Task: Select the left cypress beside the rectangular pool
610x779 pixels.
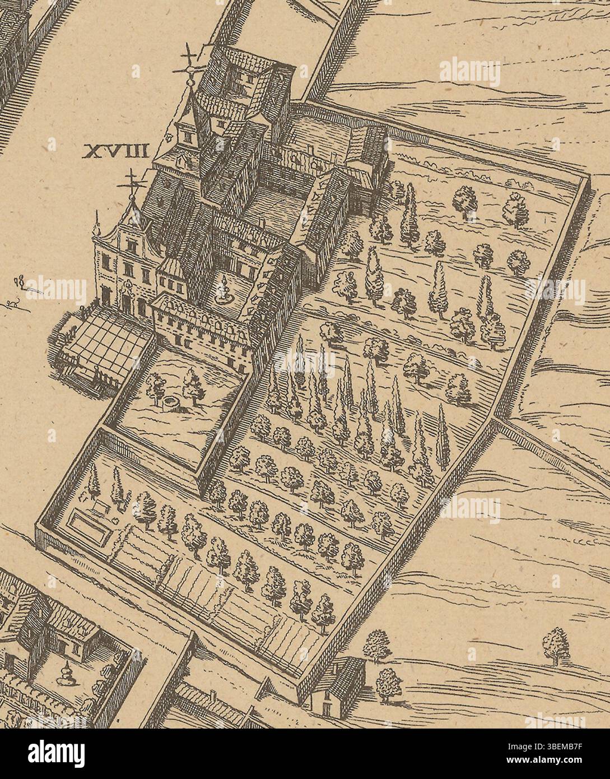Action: [x=95, y=484]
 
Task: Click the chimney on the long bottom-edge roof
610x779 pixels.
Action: [x=213, y=697]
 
